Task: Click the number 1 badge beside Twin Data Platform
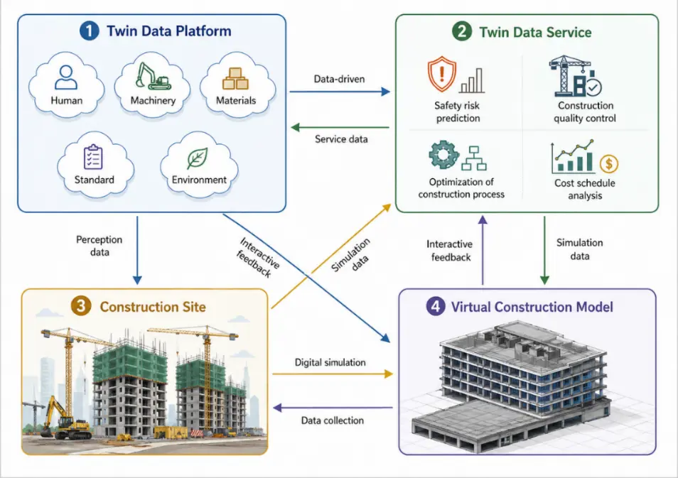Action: click(89, 31)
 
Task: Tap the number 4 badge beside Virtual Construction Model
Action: click(436, 306)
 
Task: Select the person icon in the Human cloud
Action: click(66, 77)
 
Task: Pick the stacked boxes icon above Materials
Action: click(235, 79)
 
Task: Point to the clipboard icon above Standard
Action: click(93, 157)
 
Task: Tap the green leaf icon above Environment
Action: click(198, 158)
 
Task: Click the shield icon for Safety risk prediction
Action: click(441, 73)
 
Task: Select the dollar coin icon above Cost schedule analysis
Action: click(609, 164)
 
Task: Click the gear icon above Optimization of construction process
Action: click(443, 154)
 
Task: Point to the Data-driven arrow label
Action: click(340, 79)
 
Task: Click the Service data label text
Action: click(341, 139)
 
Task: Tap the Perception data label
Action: click(99, 246)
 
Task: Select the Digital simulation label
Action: click(330, 362)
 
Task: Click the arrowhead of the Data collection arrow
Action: click(277, 408)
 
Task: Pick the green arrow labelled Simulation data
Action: click(544, 250)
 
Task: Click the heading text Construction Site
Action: click(153, 307)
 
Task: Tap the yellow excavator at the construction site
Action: click(65, 418)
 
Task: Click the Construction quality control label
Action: click(585, 112)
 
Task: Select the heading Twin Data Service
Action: click(535, 33)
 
